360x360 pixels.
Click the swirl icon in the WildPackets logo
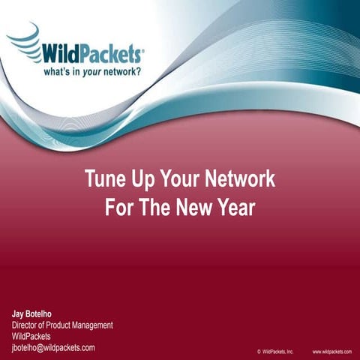coord(24,42)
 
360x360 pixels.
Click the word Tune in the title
coord(104,180)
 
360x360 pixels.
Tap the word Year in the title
coord(234,207)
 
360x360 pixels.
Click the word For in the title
coord(120,207)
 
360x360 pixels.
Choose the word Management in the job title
coord(90,325)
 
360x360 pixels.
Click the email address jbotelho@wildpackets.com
coord(52,348)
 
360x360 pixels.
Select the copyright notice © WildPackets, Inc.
coord(274,351)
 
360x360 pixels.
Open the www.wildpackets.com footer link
coord(331,351)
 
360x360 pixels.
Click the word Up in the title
coord(142,180)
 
